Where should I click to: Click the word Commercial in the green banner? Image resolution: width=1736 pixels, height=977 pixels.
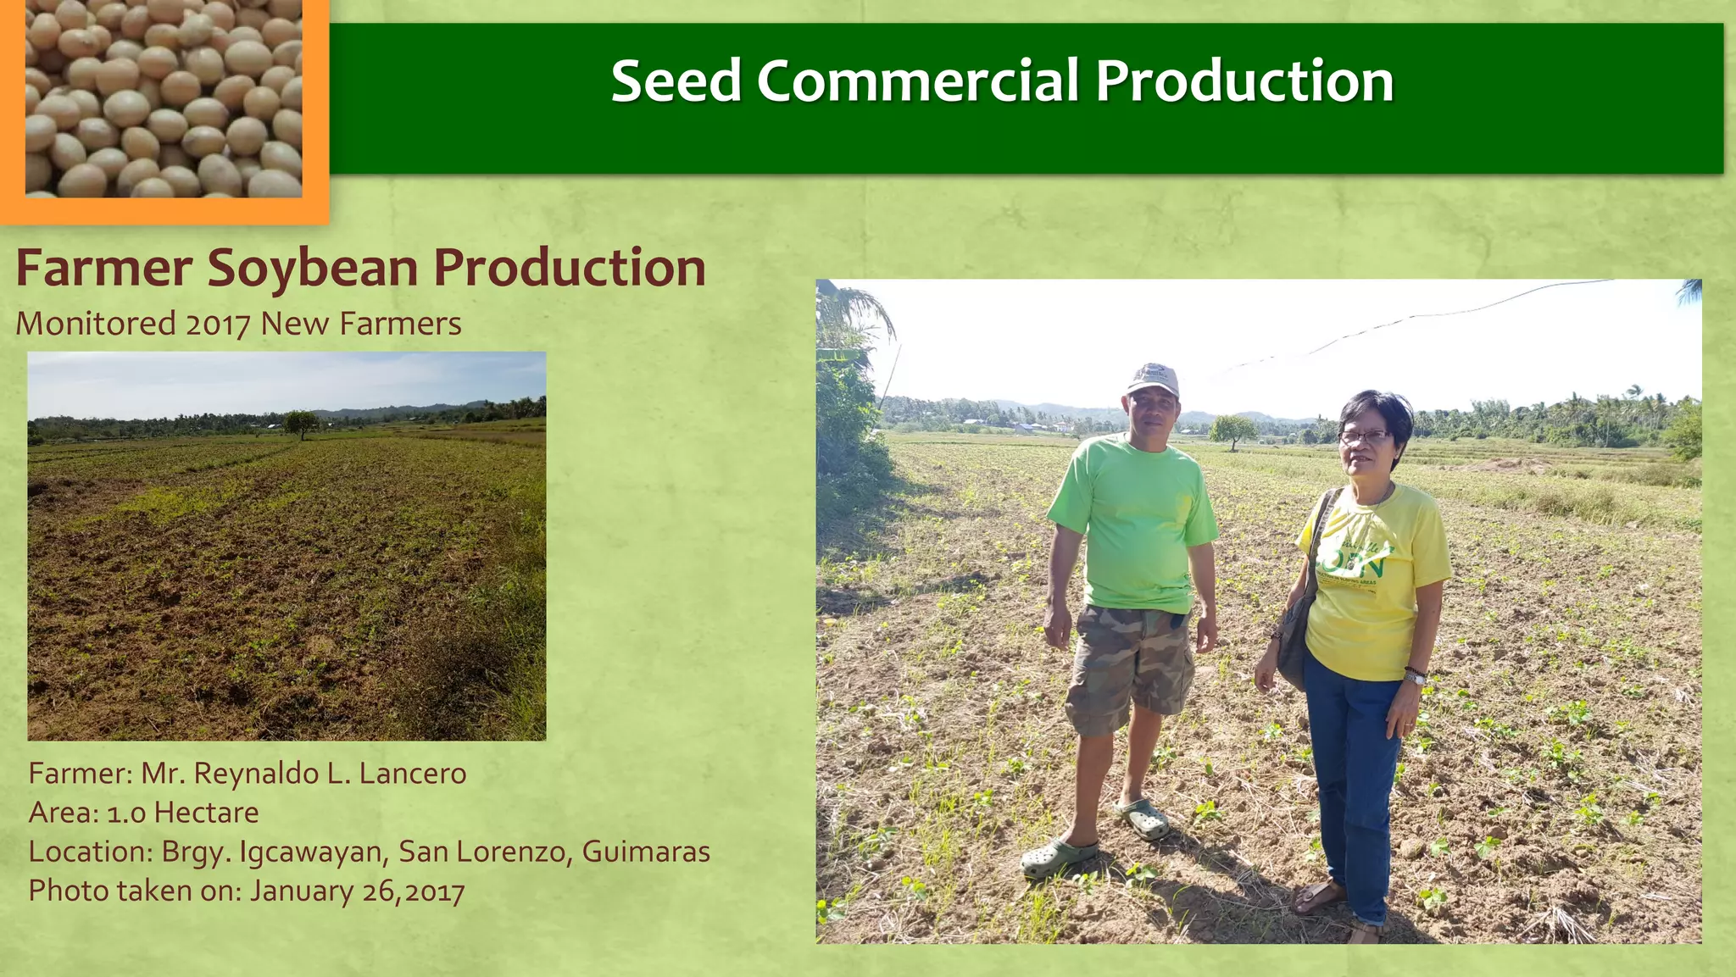coord(916,81)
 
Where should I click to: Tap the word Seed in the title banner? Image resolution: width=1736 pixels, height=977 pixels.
coord(676,81)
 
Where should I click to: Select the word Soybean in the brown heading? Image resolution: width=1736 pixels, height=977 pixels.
coord(312,268)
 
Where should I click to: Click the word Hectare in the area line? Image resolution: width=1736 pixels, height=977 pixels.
coord(206,813)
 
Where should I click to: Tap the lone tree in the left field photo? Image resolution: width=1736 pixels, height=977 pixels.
coord(300,422)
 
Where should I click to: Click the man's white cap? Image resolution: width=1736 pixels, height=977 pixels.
coord(1154,378)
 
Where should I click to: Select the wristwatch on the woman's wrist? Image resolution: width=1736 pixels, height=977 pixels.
coord(1413,676)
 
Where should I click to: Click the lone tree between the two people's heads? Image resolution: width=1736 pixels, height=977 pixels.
coord(1232,429)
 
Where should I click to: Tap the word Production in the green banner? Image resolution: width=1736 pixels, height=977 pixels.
coord(1244,81)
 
